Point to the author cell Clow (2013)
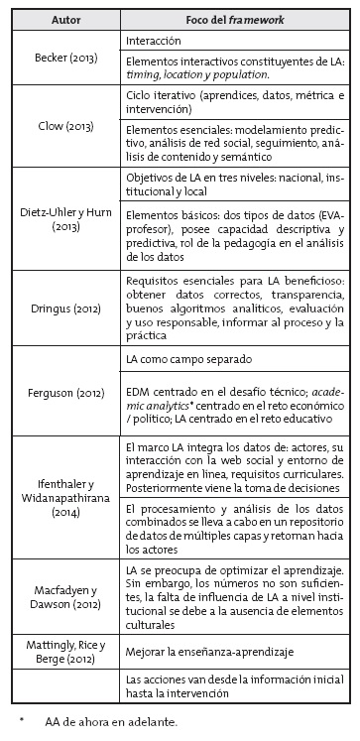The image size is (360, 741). (x=65, y=126)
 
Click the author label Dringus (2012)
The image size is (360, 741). (x=65, y=308)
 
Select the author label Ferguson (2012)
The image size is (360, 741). (x=65, y=394)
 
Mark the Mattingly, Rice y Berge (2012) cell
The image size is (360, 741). (x=65, y=654)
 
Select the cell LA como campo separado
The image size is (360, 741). (x=184, y=357)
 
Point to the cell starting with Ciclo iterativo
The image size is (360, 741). (x=236, y=100)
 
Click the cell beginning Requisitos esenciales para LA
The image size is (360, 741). (x=236, y=308)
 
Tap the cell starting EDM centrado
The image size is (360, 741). (x=236, y=405)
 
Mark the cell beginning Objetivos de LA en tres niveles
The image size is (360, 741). (x=236, y=183)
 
